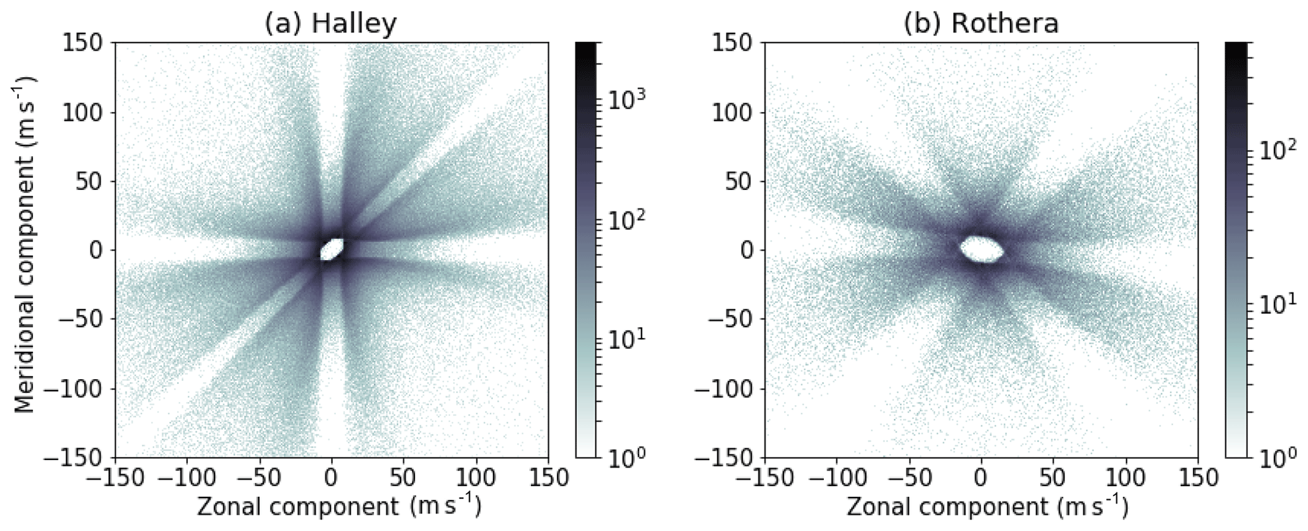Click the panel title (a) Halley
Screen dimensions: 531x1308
click(x=331, y=23)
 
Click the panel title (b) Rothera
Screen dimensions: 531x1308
click(x=980, y=23)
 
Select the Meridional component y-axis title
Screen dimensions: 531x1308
click(x=25, y=245)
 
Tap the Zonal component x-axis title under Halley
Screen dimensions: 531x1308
click(x=339, y=507)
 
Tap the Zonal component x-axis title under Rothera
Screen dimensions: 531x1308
click(x=987, y=507)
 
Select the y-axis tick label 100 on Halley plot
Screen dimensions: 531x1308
click(x=85, y=113)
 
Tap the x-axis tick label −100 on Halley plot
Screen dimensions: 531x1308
click(x=187, y=478)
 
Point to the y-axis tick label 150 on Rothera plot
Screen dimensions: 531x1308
click(x=734, y=44)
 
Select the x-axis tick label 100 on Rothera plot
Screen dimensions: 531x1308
click(x=1126, y=478)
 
